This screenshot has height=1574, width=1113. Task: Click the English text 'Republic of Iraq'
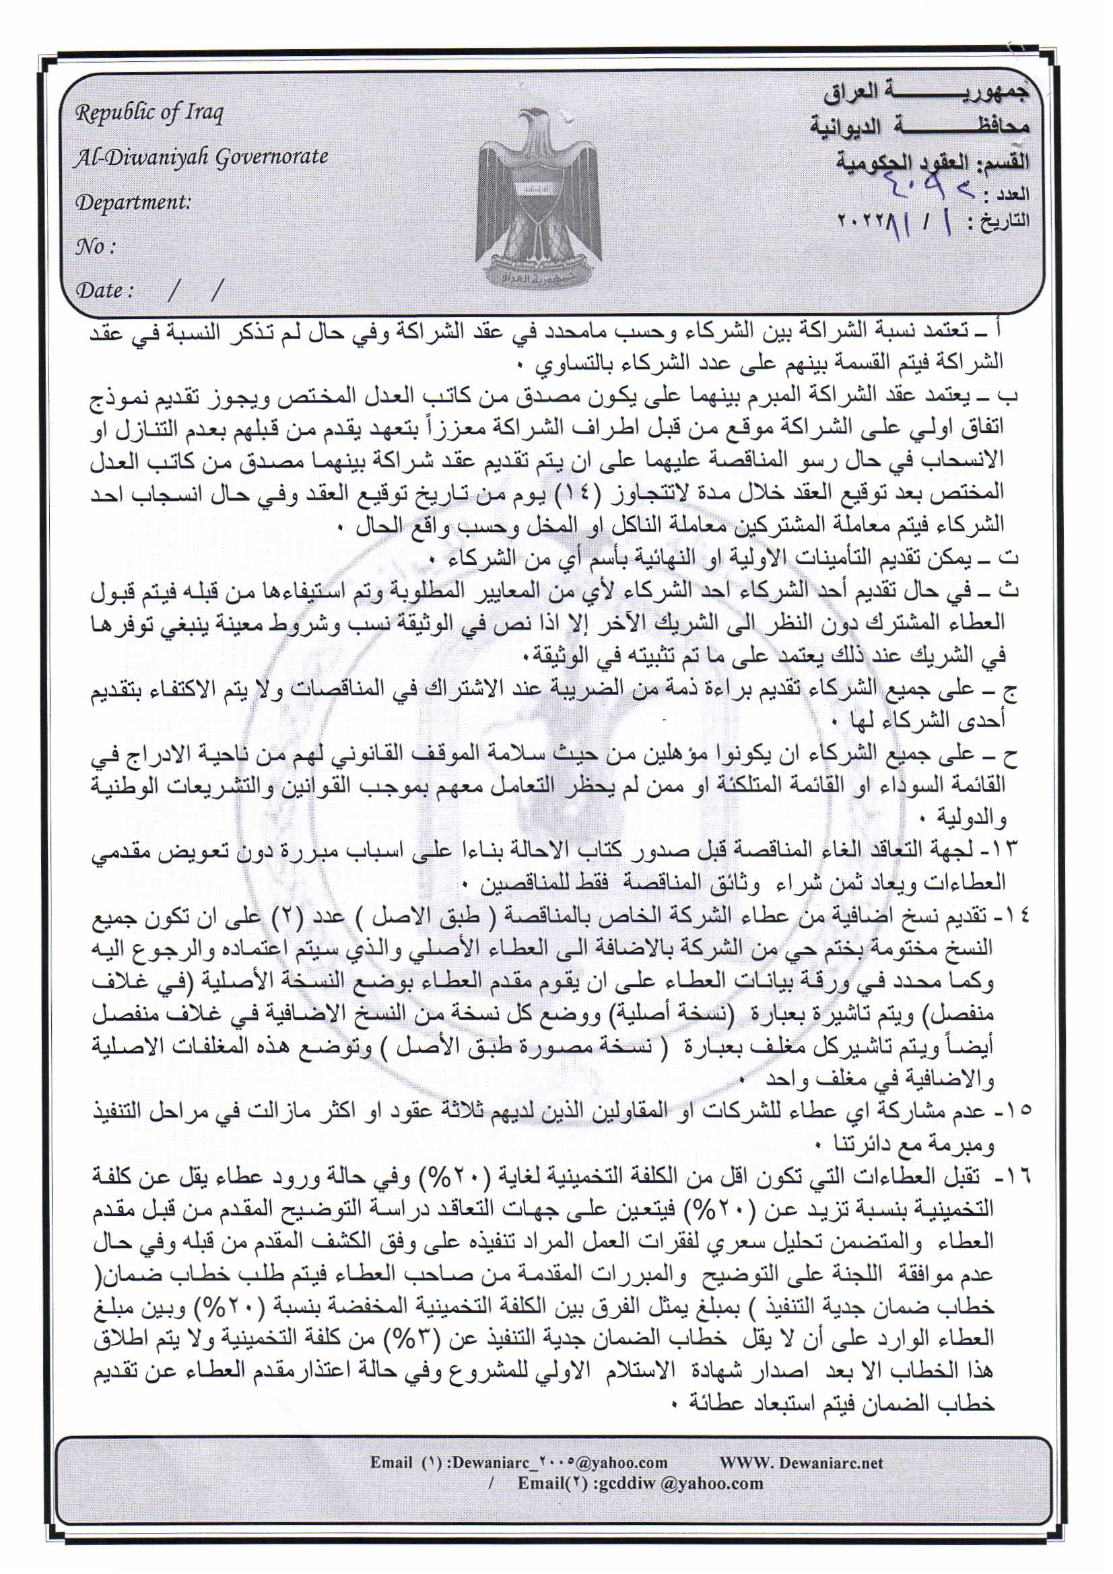point(149,112)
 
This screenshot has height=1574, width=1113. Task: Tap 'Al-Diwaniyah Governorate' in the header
point(201,157)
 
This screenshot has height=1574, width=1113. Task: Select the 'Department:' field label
point(133,202)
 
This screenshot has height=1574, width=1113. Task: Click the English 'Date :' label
point(104,290)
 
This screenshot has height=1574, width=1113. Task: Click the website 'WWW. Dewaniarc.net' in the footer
point(801,1463)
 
